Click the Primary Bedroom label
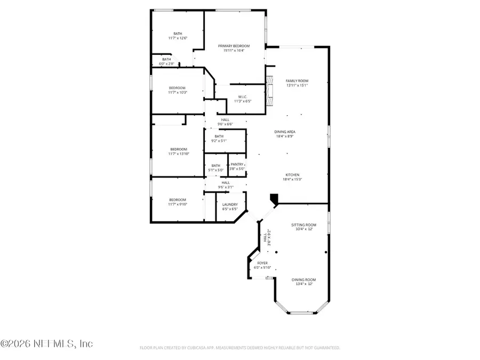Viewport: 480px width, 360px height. [x=234, y=46]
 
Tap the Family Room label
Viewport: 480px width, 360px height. [x=297, y=81]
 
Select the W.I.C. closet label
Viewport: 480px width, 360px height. [x=241, y=97]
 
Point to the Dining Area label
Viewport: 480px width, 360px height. [x=285, y=132]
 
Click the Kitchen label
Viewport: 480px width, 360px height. [x=292, y=175]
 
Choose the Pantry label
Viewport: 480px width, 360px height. [x=237, y=165]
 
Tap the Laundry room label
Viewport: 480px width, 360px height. [x=230, y=204]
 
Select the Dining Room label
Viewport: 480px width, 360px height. [x=303, y=280]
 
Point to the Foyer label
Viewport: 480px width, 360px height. [x=262, y=263]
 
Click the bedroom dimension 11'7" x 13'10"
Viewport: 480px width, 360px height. [x=178, y=154]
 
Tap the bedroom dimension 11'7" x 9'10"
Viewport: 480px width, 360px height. [x=178, y=204]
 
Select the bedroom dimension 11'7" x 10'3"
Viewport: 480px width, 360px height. [x=178, y=92]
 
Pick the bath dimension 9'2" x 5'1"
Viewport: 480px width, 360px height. [x=219, y=141]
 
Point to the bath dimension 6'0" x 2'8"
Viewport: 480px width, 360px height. [x=167, y=63]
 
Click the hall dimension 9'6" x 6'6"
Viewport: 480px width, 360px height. [x=226, y=124]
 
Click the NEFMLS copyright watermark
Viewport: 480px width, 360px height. [x=47, y=344]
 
